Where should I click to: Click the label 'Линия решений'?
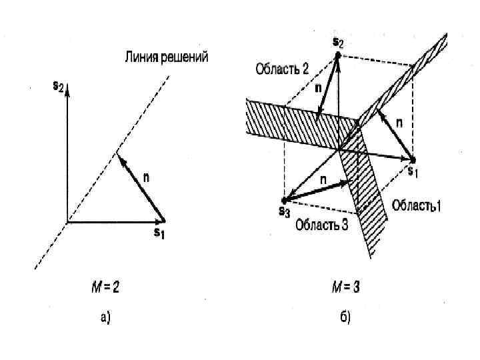[x=166, y=57]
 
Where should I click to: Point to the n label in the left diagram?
[x=147, y=178]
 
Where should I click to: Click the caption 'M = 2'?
[x=105, y=287]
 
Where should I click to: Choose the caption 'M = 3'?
[x=345, y=287]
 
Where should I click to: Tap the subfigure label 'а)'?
[x=105, y=318]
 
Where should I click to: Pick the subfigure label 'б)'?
[x=345, y=318]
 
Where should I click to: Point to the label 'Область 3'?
[x=322, y=224]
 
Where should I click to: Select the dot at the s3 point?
[x=285, y=199]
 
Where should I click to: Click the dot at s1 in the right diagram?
[x=413, y=160]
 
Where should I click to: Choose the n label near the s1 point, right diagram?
[x=399, y=123]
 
